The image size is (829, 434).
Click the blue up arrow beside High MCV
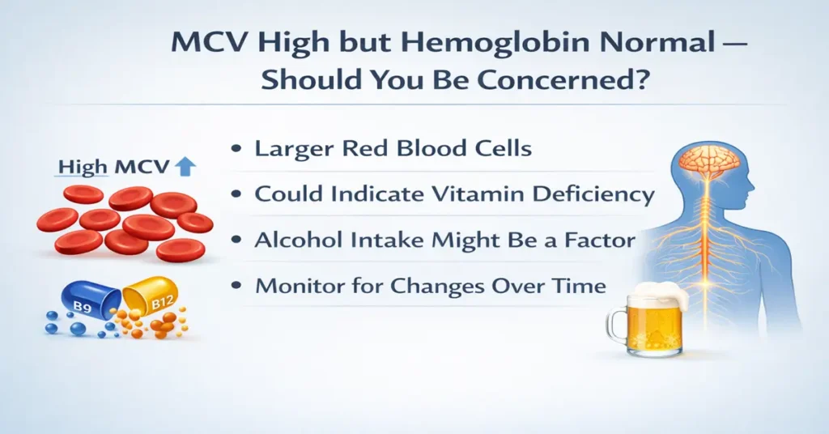click(185, 168)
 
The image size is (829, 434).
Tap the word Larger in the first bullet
click(292, 149)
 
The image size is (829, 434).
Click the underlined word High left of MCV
click(83, 168)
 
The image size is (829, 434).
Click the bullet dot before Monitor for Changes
click(236, 287)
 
